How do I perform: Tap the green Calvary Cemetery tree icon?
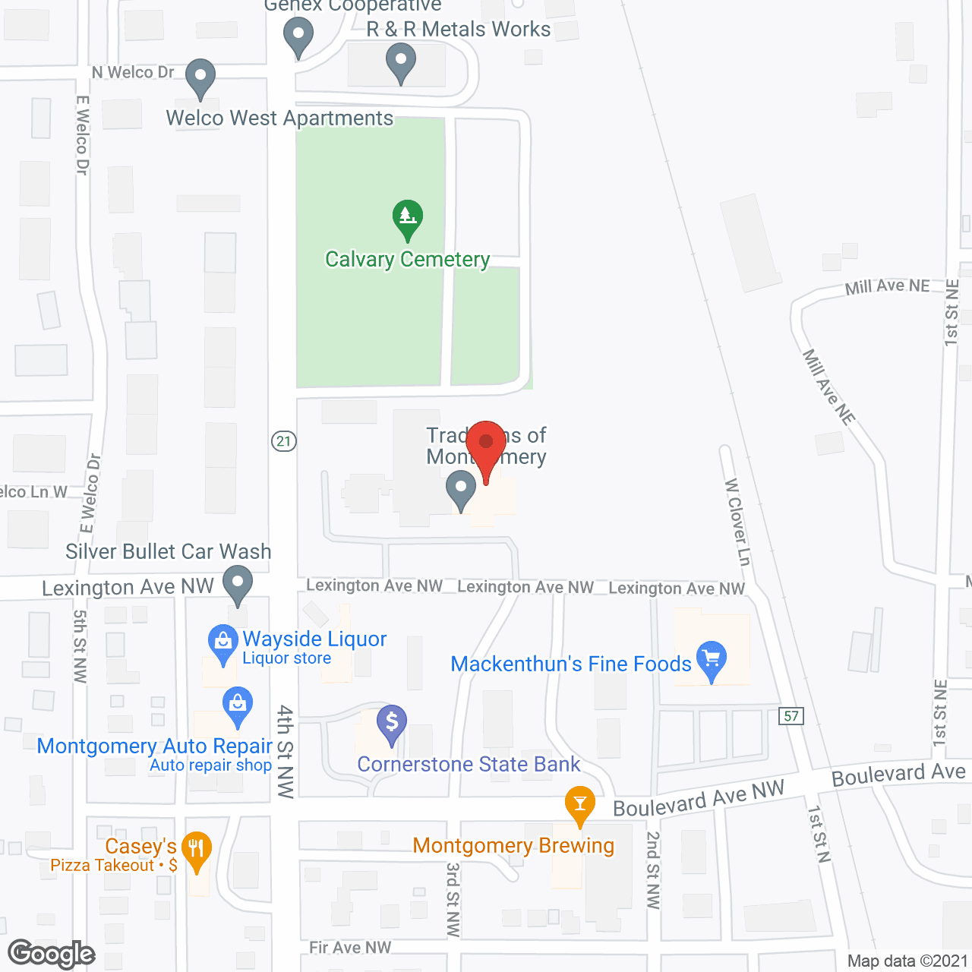[408, 218]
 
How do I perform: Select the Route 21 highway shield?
[283, 441]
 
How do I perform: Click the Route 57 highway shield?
[791, 715]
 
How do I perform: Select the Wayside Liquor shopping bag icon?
[222, 642]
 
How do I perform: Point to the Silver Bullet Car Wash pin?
[238, 585]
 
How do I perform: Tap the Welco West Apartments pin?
[200, 77]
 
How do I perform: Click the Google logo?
[52, 955]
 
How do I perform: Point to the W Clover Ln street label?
[737, 522]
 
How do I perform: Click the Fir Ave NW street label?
[350, 947]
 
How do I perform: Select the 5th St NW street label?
[80, 646]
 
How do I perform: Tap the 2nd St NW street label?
[653, 869]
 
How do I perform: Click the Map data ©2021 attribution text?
[907, 961]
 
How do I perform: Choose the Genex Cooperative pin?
[298, 36]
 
